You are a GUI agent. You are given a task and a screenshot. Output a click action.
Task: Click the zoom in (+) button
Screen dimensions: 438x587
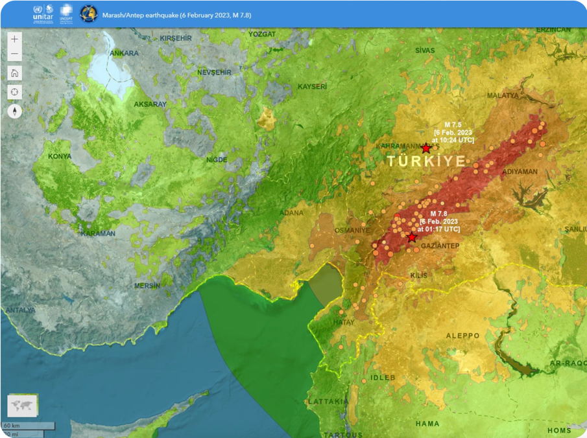click(x=15, y=39)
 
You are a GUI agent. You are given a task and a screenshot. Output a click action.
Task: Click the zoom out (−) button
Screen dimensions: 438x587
click(x=15, y=54)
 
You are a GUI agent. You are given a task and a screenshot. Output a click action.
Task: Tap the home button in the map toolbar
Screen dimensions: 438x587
click(x=15, y=73)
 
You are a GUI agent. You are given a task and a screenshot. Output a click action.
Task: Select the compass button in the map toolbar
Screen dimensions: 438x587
click(x=15, y=111)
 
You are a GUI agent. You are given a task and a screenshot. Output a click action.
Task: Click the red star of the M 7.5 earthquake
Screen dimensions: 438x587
click(x=426, y=148)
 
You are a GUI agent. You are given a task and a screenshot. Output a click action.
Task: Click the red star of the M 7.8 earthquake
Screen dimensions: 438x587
click(x=411, y=238)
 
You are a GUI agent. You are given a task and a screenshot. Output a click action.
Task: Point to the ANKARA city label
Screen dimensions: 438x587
click(x=124, y=53)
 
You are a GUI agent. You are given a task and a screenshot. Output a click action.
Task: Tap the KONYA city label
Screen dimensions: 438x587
click(x=60, y=156)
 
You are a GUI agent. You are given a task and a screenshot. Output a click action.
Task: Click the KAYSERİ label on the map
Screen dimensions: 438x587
click(x=312, y=87)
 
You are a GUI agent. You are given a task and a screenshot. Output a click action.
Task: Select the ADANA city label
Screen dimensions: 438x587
click(x=291, y=213)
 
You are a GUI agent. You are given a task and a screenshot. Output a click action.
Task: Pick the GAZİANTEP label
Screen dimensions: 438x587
click(x=440, y=246)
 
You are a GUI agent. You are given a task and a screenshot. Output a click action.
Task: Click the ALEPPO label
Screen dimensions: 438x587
click(x=462, y=336)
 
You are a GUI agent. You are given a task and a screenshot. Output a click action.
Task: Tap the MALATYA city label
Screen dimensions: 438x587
click(x=503, y=95)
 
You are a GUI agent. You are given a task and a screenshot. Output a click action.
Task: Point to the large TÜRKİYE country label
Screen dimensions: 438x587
click(x=426, y=162)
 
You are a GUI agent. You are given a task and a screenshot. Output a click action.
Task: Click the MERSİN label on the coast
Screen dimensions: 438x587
click(x=147, y=286)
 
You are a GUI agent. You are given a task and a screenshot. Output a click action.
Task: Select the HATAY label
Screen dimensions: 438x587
click(x=344, y=322)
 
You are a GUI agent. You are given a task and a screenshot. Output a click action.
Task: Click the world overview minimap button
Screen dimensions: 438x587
click(x=23, y=406)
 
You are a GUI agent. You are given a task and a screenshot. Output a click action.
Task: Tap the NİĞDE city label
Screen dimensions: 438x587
click(x=216, y=159)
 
